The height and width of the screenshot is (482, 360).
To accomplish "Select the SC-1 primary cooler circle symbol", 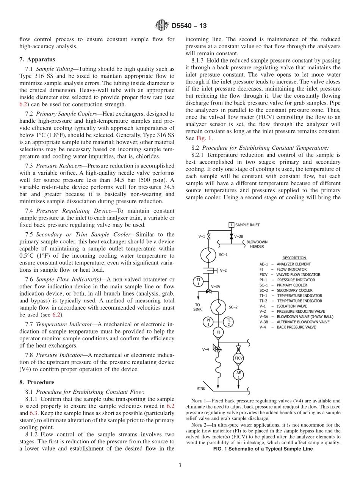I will [208, 255].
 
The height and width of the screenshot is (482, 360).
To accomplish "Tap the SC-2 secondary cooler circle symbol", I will [218, 307].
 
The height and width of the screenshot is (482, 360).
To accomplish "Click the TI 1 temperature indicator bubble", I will [198, 282].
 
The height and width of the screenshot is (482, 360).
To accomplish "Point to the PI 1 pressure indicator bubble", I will [208, 322].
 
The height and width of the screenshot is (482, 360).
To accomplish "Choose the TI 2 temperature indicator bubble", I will [229, 322].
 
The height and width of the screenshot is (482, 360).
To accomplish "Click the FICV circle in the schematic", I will [238, 358].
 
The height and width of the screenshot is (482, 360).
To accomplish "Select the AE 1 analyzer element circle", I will [238, 375].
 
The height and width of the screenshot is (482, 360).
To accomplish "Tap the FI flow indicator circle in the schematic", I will [218, 332].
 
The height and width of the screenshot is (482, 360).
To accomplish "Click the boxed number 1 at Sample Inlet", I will [231, 225].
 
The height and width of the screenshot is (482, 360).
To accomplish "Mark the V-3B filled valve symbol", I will [231, 236].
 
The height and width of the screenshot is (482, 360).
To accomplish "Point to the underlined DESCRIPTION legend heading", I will [294, 258].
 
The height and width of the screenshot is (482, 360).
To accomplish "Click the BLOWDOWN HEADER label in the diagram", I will [257, 244].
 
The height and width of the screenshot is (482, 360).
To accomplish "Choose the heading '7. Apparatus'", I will [37, 59].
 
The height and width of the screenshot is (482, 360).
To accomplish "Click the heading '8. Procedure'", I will [37, 382].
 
